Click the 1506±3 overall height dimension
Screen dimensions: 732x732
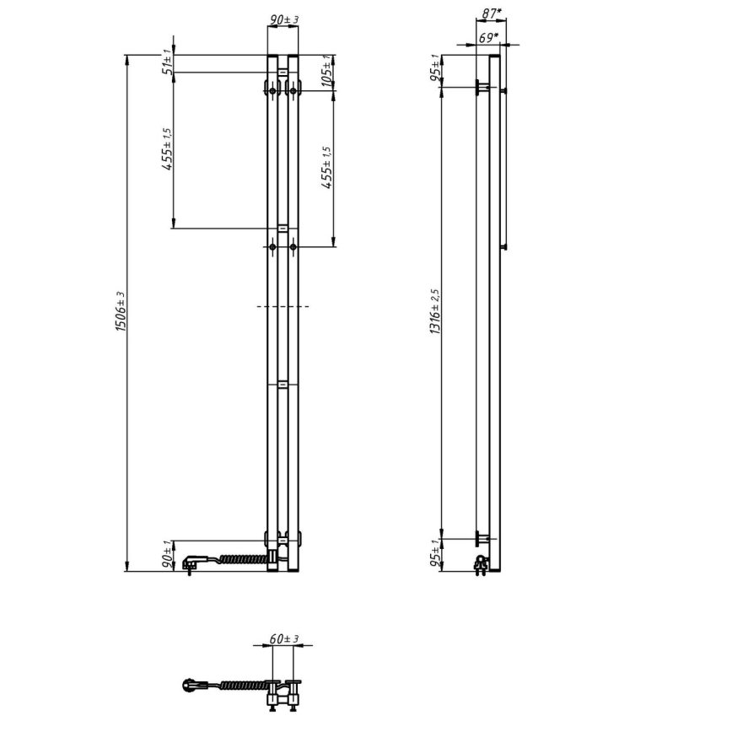pos(120,312)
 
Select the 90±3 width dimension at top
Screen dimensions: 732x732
pos(282,19)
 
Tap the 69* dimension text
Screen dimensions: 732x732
pos(487,38)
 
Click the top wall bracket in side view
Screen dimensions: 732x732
pos(482,87)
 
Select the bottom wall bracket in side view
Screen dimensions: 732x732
pos(482,537)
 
